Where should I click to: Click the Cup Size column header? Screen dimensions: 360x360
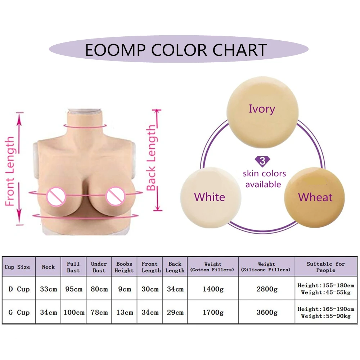pyautogui.click(x=18, y=267)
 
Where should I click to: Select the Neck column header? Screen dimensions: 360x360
pyautogui.click(x=48, y=267)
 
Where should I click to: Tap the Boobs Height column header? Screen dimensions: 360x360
pyautogui.click(x=124, y=267)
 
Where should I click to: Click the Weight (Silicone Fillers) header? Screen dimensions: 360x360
pyautogui.click(x=266, y=267)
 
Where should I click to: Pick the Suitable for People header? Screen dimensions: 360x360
pyautogui.click(x=325, y=267)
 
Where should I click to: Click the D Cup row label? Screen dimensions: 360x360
pyautogui.click(x=19, y=289)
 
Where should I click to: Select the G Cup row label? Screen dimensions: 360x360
pyautogui.click(x=19, y=312)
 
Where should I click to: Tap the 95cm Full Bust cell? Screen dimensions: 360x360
pyautogui.click(x=73, y=289)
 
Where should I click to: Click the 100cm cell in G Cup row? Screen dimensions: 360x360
pyautogui.click(x=73, y=312)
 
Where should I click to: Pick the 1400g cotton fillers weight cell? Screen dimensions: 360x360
pyautogui.click(x=213, y=289)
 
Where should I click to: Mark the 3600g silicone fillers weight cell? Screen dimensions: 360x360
pyautogui.click(x=266, y=312)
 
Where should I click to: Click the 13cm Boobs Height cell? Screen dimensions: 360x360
pyautogui.click(x=124, y=312)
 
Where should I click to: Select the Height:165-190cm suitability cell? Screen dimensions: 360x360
pyautogui.click(x=326, y=309)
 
